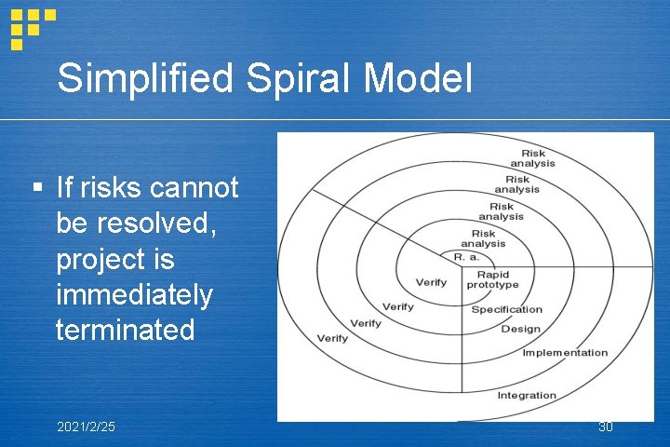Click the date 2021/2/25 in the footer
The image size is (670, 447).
click(x=87, y=427)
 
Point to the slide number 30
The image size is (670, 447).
click(x=606, y=427)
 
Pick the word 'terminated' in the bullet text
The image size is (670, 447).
click(x=126, y=330)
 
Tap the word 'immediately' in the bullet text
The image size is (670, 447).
click(x=134, y=294)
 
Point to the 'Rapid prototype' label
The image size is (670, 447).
click(x=492, y=279)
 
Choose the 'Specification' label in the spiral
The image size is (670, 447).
click(x=506, y=309)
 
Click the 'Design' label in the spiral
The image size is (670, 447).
click(x=520, y=329)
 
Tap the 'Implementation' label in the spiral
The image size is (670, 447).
click(x=565, y=353)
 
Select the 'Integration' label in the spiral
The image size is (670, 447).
click(x=527, y=396)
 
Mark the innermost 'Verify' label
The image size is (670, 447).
click(x=431, y=282)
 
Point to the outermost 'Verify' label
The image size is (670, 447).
click(x=333, y=337)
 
